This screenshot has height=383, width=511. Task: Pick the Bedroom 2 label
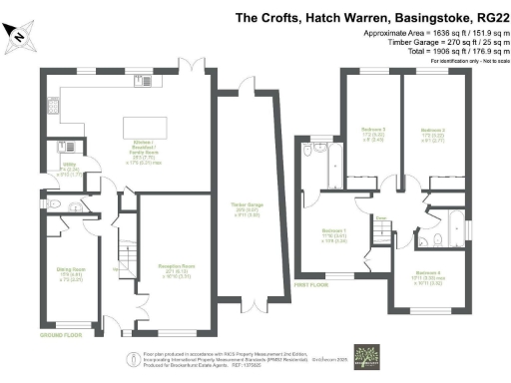coord(432,133)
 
